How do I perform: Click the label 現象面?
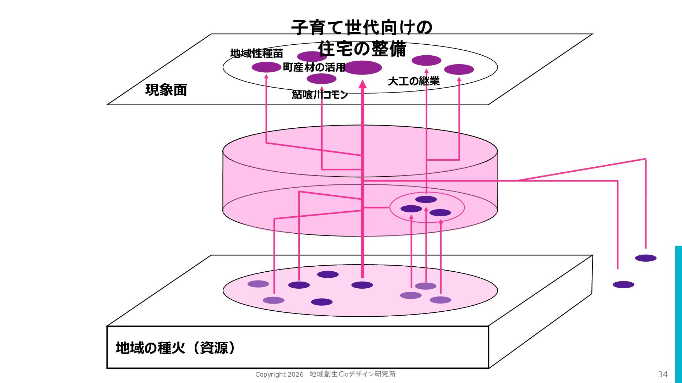[x=166, y=90]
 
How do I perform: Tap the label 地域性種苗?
[x=256, y=54]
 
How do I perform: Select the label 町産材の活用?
[x=314, y=67]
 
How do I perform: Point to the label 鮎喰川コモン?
[x=320, y=94]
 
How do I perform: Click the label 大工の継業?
[x=413, y=81]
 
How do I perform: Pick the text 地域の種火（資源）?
[x=175, y=348]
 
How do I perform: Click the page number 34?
[x=662, y=374]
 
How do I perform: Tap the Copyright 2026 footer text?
[x=279, y=374]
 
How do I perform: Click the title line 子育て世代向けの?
[x=362, y=27]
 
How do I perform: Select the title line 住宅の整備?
[x=362, y=49]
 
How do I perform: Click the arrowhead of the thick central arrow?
[x=362, y=84]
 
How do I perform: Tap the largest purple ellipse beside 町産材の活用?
[x=362, y=67]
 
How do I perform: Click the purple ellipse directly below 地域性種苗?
[x=266, y=67]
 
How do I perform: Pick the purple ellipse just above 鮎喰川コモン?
[x=321, y=78]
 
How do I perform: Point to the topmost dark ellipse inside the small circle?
[x=426, y=199]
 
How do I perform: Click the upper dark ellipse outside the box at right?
[x=645, y=258]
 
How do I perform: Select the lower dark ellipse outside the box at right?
[x=623, y=284]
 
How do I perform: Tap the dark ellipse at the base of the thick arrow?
[x=362, y=285]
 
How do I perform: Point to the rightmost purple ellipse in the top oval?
[x=459, y=69]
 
